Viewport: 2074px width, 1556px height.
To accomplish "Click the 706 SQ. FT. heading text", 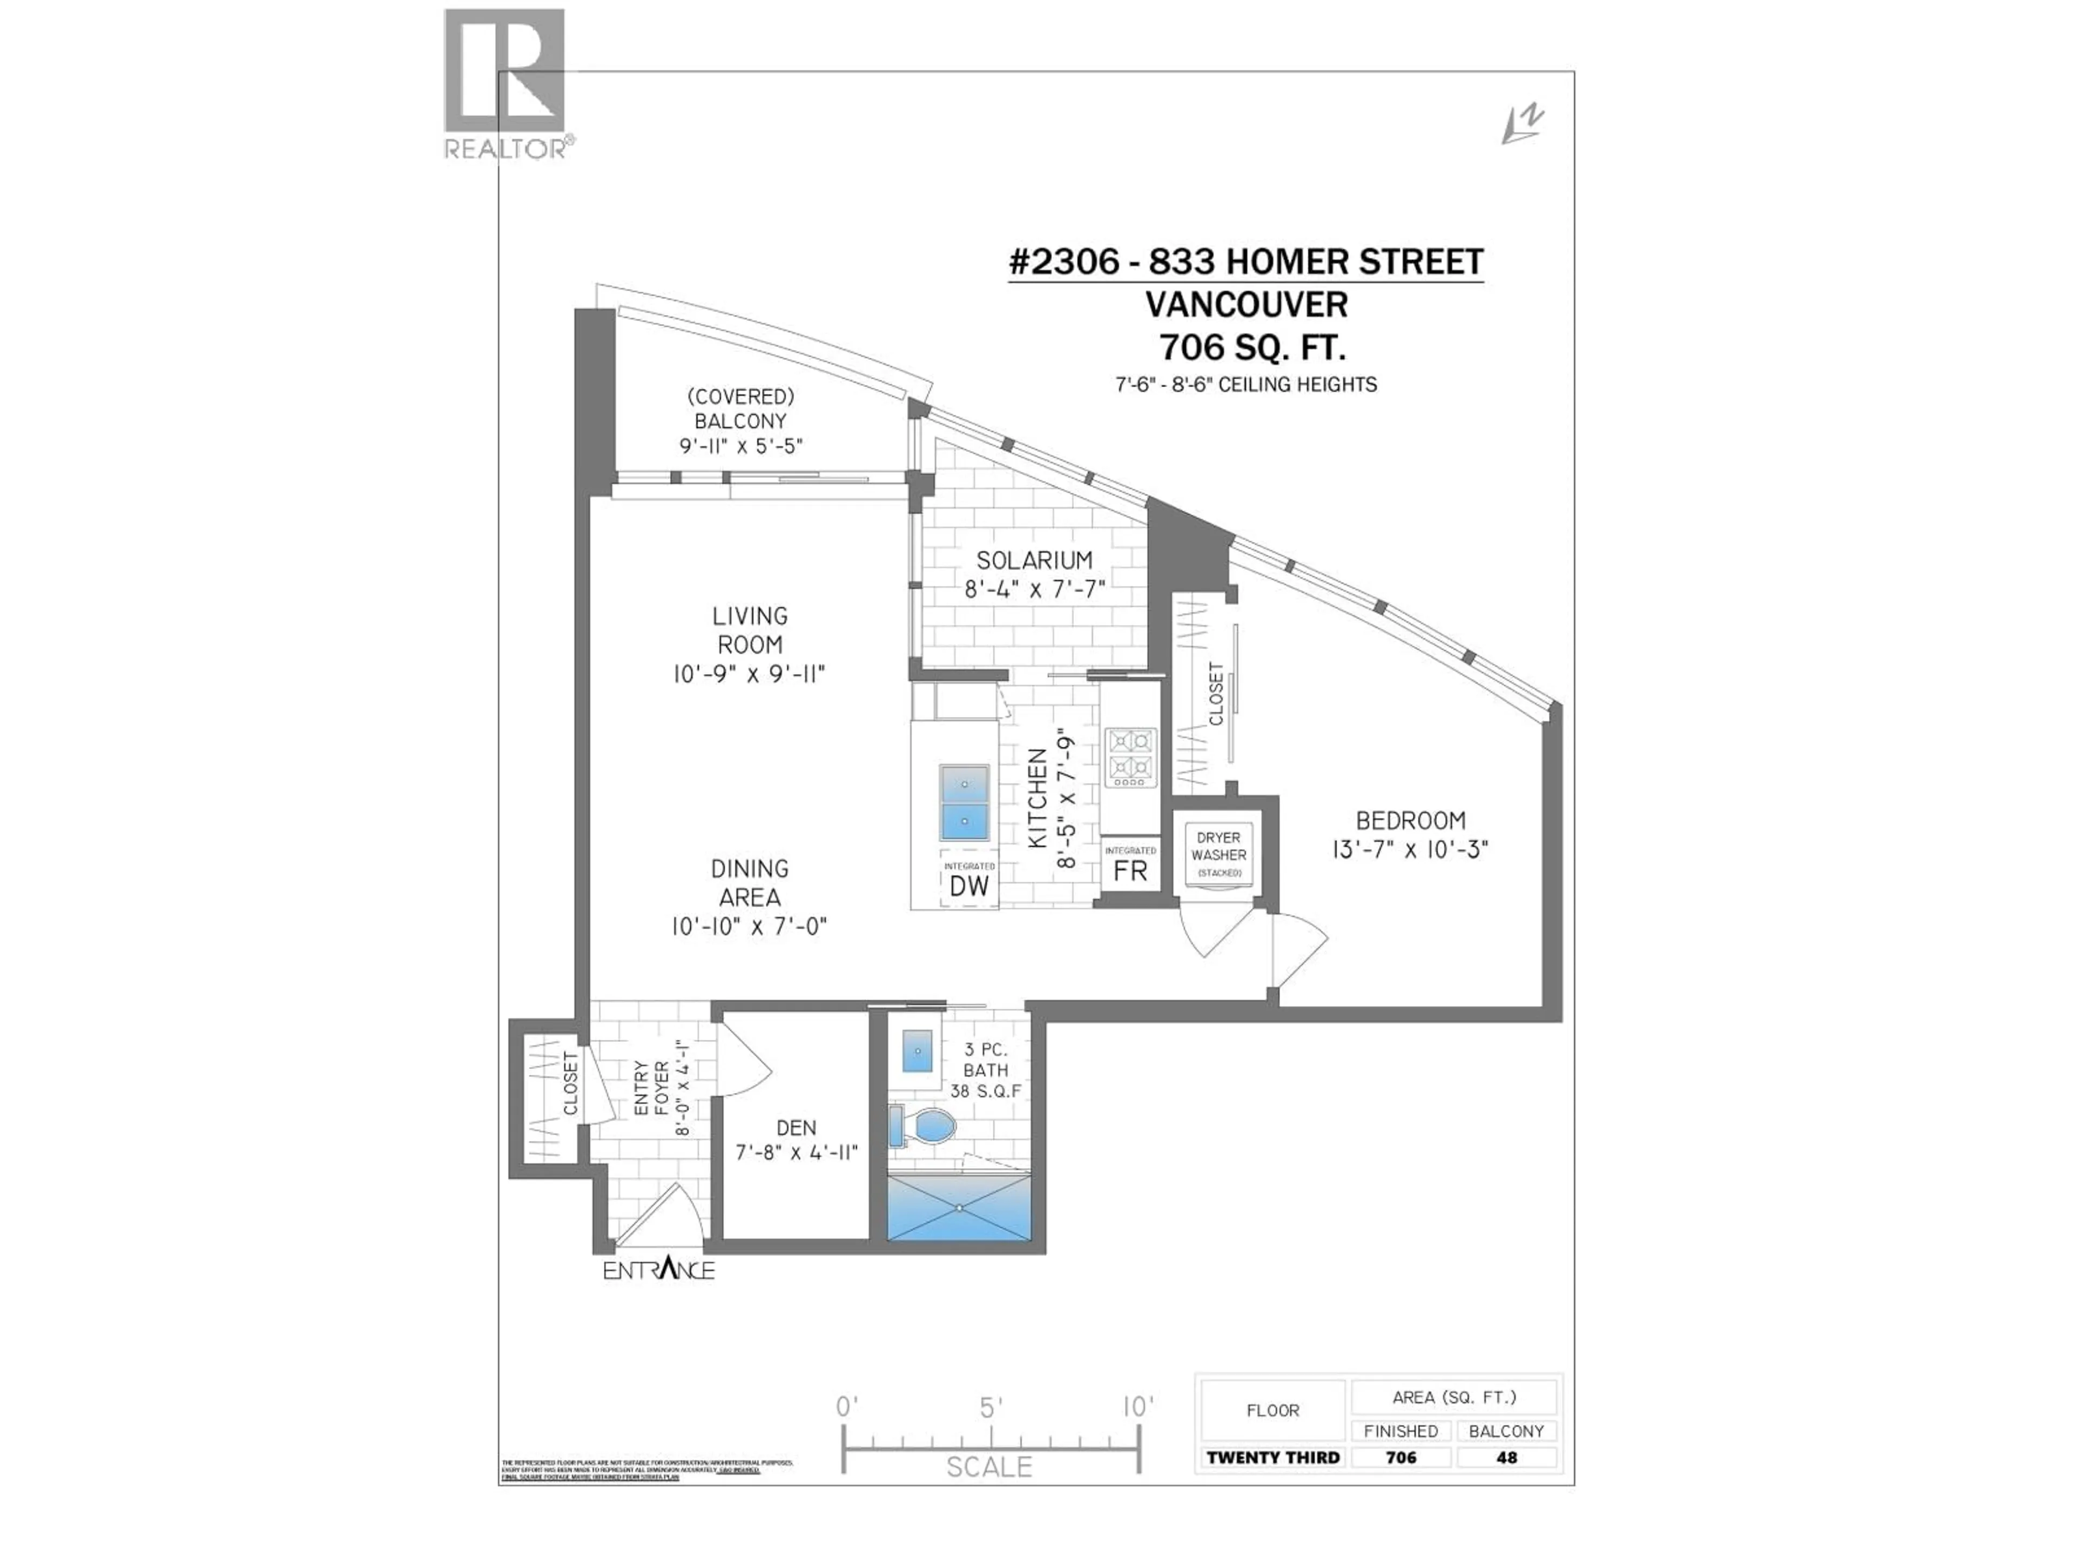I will coord(1253,348).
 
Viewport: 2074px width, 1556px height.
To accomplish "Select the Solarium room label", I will coord(1034,560).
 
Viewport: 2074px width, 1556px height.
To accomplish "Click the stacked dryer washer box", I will coord(1218,854).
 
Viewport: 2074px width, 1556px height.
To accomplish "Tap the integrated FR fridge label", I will coord(1130,865).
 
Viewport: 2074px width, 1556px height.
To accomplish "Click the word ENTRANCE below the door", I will coord(658,1271).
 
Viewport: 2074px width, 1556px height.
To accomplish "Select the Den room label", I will coord(796,1128).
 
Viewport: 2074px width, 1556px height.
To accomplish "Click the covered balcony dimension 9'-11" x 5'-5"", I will coord(740,446).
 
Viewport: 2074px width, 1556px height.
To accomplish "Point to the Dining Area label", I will coord(749,883).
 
